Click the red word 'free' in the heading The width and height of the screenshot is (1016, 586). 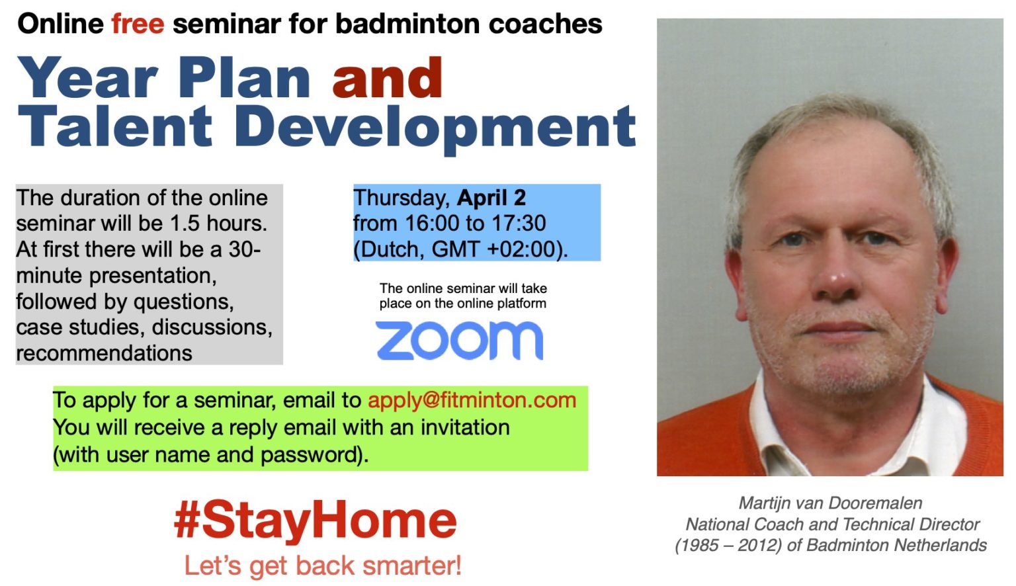point(138,24)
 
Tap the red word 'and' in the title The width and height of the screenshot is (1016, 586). point(388,78)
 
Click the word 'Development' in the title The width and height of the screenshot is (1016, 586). point(435,130)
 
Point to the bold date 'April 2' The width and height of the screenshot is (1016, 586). point(491,198)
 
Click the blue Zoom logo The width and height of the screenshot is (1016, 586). point(460,341)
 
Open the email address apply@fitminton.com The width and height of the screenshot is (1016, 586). point(472,400)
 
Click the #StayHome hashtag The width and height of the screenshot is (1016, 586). point(316,521)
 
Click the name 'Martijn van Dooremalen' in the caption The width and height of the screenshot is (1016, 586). point(831,503)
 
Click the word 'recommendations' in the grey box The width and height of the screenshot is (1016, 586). point(105,353)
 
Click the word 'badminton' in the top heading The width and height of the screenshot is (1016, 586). point(407,24)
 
